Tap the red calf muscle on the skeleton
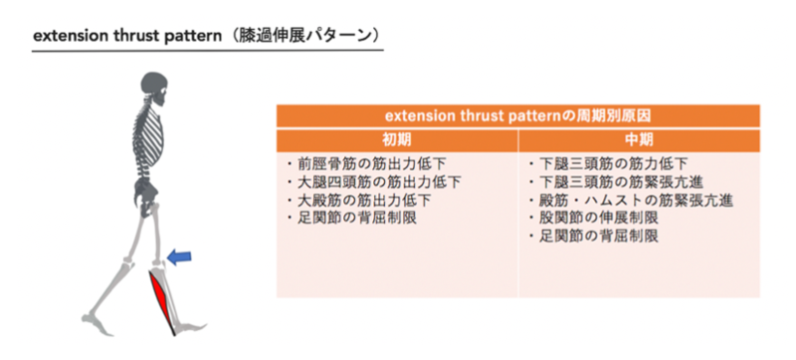click(164, 298)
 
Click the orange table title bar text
click(518, 115)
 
